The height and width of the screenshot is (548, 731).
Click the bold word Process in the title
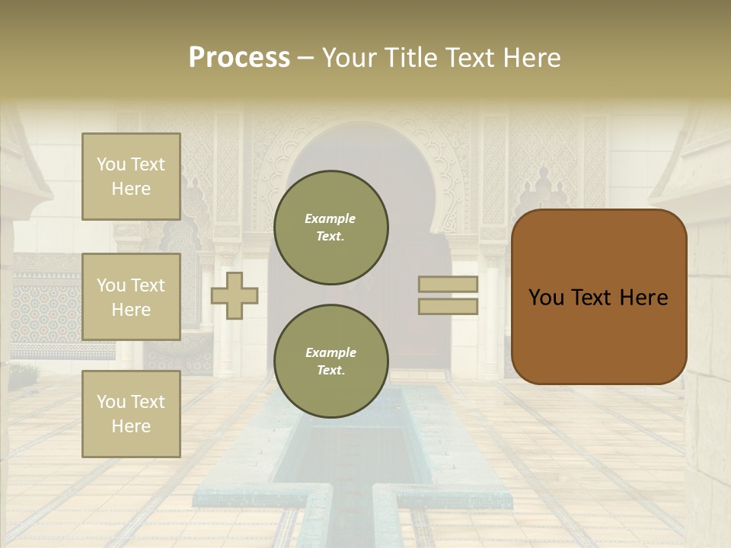tap(239, 58)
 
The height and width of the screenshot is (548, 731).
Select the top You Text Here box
tap(131, 177)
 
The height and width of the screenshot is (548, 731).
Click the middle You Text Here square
tap(131, 297)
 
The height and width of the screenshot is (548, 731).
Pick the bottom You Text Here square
tap(131, 414)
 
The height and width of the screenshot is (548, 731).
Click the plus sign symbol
tap(235, 295)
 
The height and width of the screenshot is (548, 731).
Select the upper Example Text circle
tap(330, 228)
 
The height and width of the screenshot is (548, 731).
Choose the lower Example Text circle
tap(330, 362)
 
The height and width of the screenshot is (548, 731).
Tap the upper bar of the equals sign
tap(448, 285)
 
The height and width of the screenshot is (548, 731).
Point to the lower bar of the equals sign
tap(448, 306)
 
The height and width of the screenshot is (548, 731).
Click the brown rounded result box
tap(599, 297)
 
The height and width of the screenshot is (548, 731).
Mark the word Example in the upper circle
tap(330, 218)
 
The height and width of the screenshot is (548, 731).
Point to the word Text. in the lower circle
tap(330, 371)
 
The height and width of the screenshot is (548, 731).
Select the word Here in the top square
tap(131, 189)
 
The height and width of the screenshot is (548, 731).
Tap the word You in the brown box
tap(546, 298)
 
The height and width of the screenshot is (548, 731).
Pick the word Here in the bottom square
tap(131, 426)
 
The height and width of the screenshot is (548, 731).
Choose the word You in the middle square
tap(110, 285)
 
